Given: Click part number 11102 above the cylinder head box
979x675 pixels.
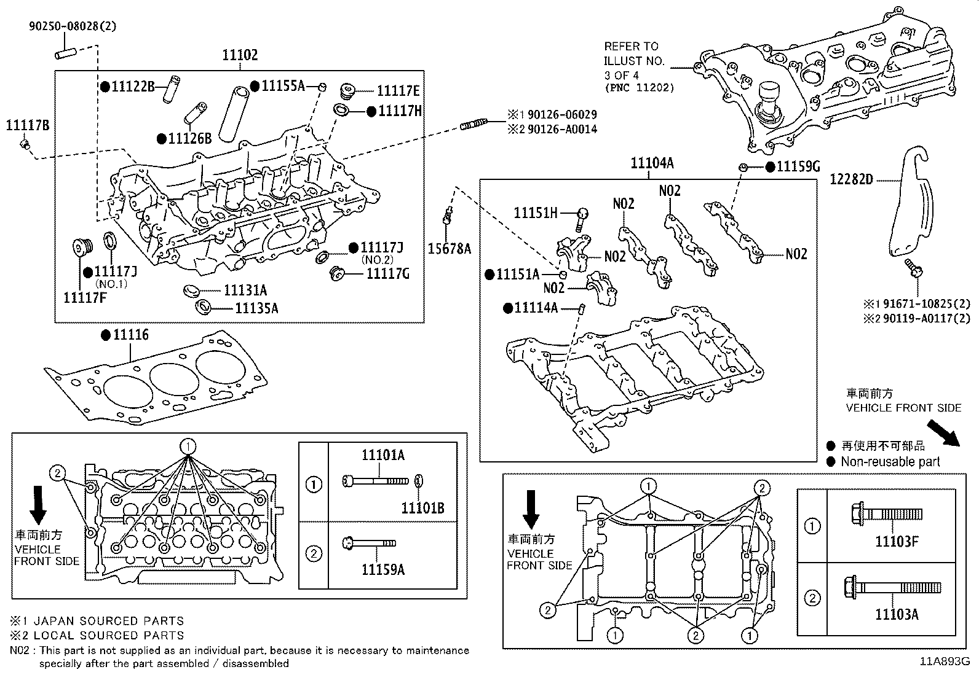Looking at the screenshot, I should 240,56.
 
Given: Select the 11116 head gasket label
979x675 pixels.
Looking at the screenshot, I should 130,335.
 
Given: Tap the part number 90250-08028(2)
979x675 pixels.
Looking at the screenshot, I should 72,26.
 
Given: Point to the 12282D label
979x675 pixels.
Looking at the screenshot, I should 851,180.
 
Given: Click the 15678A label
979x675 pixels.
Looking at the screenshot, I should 449,249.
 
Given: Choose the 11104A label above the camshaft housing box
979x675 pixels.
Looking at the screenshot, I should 652,163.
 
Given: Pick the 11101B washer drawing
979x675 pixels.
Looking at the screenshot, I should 418,480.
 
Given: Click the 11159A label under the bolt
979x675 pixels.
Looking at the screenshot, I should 382,570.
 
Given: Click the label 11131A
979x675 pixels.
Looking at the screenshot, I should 245,291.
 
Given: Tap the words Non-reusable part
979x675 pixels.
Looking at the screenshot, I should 890,462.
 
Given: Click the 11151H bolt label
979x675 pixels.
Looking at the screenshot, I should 535,213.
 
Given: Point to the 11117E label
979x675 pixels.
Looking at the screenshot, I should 398,92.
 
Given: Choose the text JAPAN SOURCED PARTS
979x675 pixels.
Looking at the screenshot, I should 108,621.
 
